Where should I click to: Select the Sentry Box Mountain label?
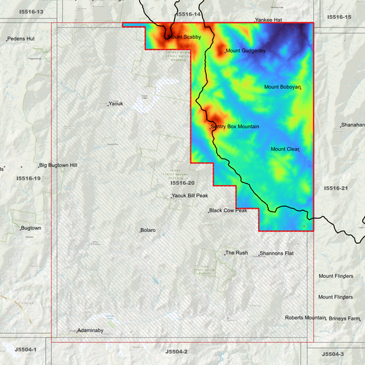(x=235, y=127)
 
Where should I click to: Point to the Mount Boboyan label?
(x=282, y=87)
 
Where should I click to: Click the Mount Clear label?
(x=285, y=149)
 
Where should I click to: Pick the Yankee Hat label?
(x=268, y=21)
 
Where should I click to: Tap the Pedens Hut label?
(x=22, y=39)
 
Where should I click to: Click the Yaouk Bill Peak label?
(x=190, y=196)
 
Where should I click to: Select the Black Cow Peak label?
(x=228, y=211)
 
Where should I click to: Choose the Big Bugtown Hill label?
(x=58, y=165)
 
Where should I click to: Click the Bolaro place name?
(x=148, y=230)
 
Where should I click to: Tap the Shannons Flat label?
(x=277, y=253)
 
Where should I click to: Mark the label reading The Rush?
(x=237, y=253)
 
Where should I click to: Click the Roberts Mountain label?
(x=305, y=318)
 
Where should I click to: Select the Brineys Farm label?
(x=344, y=318)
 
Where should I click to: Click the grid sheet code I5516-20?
(x=182, y=184)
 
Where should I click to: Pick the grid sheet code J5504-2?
(x=176, y=351)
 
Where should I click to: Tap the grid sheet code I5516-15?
(x=339, y=16)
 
